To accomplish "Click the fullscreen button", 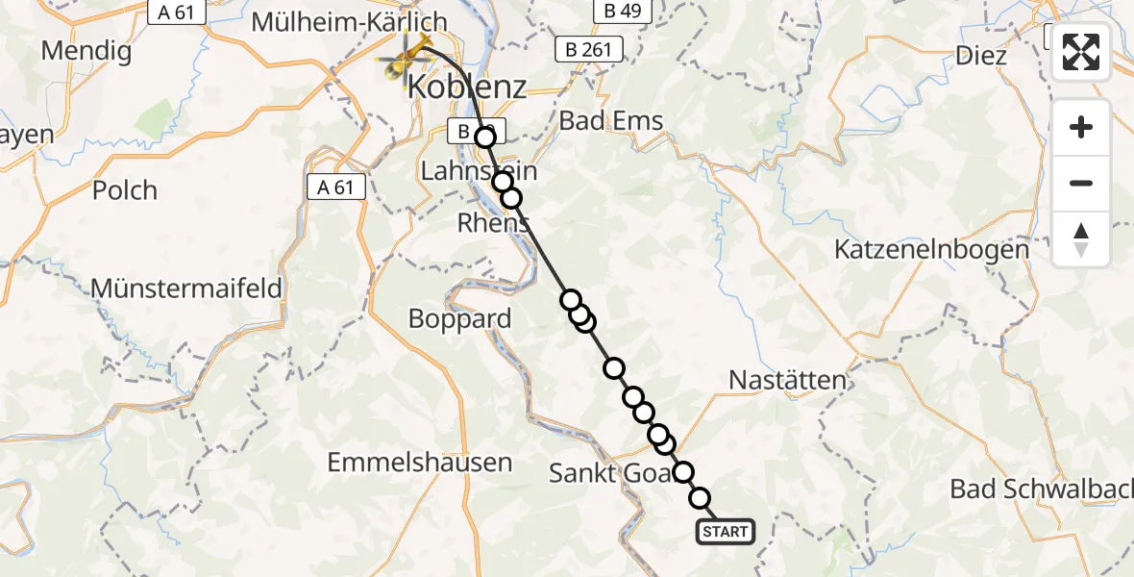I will click(1081, 52).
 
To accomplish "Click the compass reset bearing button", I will click(1081, 239).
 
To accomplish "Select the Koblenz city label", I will click(467, 87).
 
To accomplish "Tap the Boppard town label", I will click(460, 318).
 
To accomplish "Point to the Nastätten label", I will click(787, 379).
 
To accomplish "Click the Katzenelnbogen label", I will click(931, 249).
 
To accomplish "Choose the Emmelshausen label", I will click(420, 463).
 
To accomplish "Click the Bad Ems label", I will click(610, 121).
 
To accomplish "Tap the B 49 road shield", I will click(623, 12).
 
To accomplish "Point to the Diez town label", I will click(981, 56).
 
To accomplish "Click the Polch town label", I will click(125, 189).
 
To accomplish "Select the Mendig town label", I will click(86, 50).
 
